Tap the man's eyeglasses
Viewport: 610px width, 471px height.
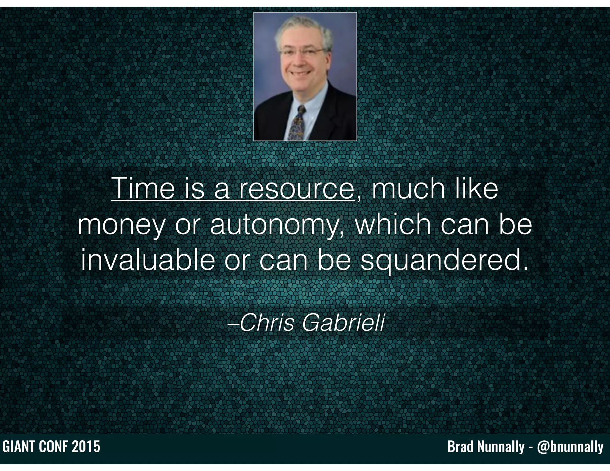(x=303, y=52)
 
